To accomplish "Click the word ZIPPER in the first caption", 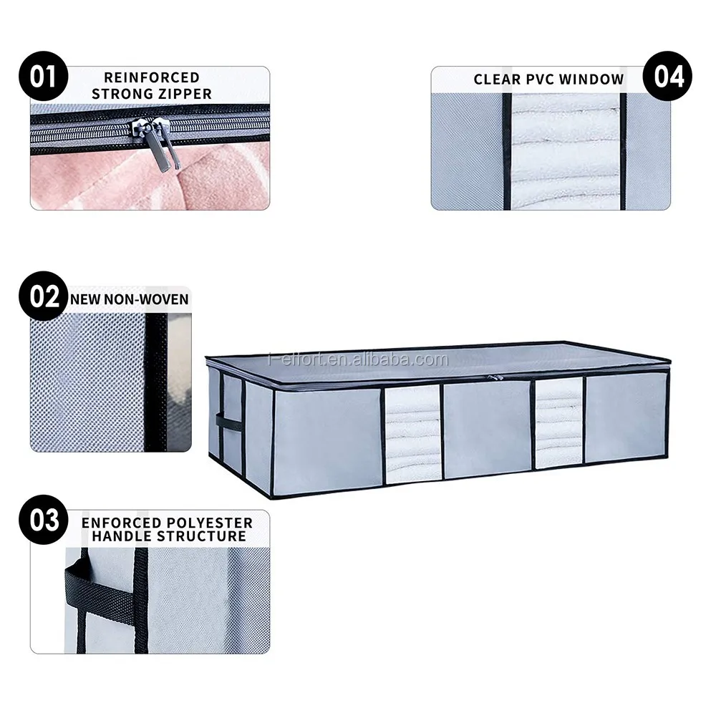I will pos(182,94).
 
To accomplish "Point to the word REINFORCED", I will pos(151,77).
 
